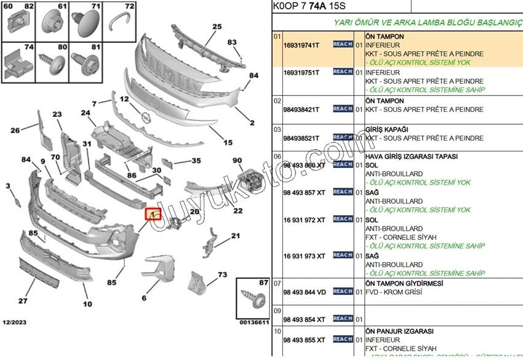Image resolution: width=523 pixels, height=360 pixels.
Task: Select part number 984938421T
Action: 301,110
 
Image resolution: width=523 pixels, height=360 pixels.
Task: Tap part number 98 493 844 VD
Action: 305,292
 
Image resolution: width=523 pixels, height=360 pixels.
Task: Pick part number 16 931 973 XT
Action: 304,256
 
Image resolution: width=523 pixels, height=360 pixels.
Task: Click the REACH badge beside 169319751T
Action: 343,72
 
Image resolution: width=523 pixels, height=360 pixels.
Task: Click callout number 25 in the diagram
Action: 217,26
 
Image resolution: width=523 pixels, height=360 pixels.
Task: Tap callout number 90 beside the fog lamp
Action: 237,161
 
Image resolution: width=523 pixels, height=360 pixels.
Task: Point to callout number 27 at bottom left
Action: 22,301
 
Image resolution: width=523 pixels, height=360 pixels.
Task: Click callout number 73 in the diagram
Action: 222,275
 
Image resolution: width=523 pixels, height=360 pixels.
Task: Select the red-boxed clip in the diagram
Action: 152,214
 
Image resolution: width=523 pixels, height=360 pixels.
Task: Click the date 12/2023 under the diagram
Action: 15,322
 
